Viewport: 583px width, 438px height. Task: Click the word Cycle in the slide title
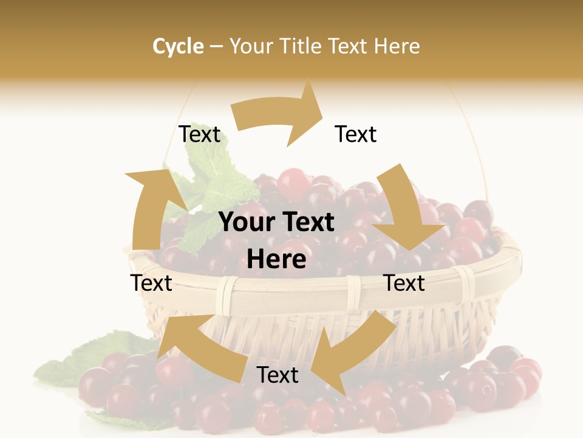tap(178, 46)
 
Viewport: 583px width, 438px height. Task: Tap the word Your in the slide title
tap(251, 46)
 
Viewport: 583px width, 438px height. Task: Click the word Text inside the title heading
tap(349, 46)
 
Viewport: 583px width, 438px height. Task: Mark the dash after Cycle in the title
tap(216, 46)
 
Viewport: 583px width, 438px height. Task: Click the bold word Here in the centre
tap(276, 260)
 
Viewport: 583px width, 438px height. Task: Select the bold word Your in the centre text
tap(246, 223)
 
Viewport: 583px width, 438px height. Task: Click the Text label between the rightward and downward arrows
tap(356, 134)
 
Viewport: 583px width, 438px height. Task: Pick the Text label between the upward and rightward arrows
tap(200, 134)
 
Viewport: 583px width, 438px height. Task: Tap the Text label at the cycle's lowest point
tap(278, 375)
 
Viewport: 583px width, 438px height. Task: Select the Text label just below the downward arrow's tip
tap(404, 283)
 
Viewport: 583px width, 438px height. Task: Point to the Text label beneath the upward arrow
tap(152, 283)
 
